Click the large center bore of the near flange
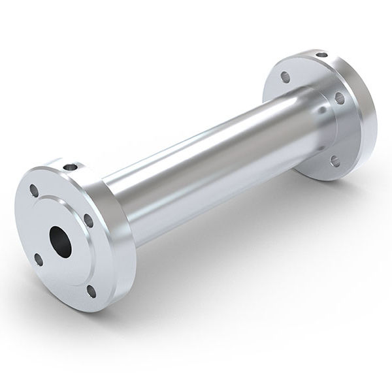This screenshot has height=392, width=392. tap(61, 240)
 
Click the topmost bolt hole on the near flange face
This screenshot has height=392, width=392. tap(33, 190)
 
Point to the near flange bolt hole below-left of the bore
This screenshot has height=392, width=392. tap(39, 259)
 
